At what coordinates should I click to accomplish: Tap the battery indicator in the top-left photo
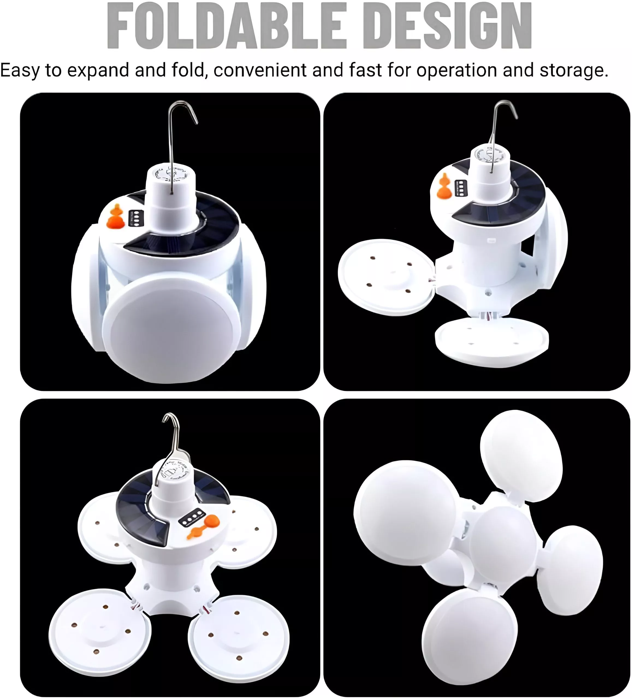coord(136,218)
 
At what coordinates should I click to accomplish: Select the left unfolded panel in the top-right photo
coord(386,277)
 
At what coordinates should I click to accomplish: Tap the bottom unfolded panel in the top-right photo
coord(492,342)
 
